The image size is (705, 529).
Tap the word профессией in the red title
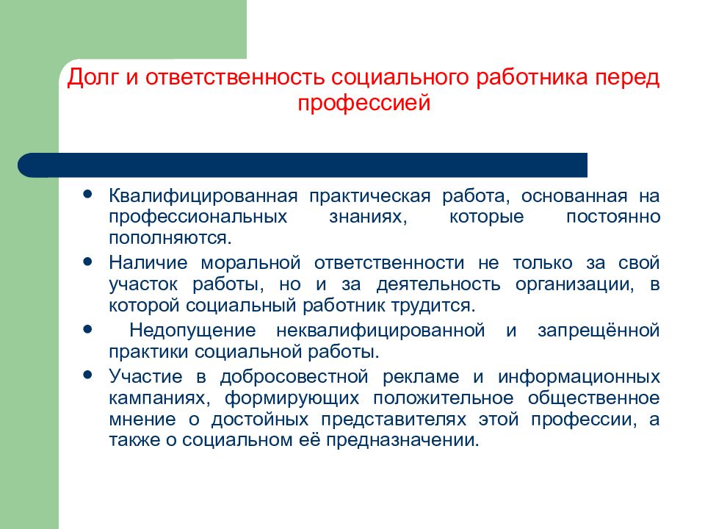(x=364, y=103)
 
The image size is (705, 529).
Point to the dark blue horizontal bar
(x=302, y=165)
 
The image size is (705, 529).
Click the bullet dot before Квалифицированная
(x=87, y=194)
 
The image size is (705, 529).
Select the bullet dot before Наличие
(x=87, y=261)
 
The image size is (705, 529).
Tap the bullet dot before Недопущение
(x=87, y=329)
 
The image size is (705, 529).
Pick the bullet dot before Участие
(x=87, y=374)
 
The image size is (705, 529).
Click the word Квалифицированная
(x=203, y=197)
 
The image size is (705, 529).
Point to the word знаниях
(x=368, y=217)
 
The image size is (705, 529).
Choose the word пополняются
(x=170, y=238)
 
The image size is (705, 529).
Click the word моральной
(x=250, y=263)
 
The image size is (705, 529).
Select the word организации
(x=574, y=285)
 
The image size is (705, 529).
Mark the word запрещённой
(x=599, y=331)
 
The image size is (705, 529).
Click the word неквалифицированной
(x=380, y=331)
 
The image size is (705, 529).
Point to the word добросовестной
(x=294, y=376)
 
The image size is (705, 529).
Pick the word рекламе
(x=421, y=377)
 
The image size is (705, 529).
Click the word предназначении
(x=402, y=440)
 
